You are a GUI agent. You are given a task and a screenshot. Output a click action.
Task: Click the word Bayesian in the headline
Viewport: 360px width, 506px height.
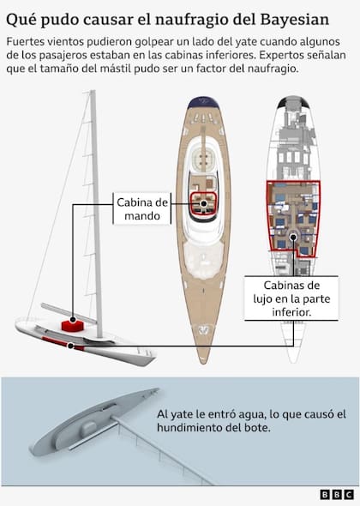click(295, 20)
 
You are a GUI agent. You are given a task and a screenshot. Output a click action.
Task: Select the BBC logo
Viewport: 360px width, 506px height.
click(337, 494)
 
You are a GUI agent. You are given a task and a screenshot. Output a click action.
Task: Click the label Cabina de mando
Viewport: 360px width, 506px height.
click(142, 208)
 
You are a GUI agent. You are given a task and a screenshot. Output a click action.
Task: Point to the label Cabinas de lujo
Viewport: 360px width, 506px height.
click(291, 298)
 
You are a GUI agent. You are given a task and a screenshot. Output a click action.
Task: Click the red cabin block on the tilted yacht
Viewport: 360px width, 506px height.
click(73, 325)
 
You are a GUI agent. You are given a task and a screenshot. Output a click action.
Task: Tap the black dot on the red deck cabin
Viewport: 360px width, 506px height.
click(73, 320)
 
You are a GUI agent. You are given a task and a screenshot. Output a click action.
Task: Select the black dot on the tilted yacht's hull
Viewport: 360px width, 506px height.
click(70, 346)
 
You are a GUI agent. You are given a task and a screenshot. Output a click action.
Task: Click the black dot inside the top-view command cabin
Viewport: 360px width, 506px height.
click(203, 203)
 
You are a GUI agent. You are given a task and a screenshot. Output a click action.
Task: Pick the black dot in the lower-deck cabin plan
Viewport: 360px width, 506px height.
click(293, 238)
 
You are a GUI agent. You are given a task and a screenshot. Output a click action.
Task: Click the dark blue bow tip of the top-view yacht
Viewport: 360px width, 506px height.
click(203, 102)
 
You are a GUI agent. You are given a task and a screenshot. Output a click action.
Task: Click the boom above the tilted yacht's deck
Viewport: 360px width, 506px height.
click(69, 313)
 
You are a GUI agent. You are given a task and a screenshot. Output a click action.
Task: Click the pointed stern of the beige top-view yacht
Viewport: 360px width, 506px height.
click(203, 361)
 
